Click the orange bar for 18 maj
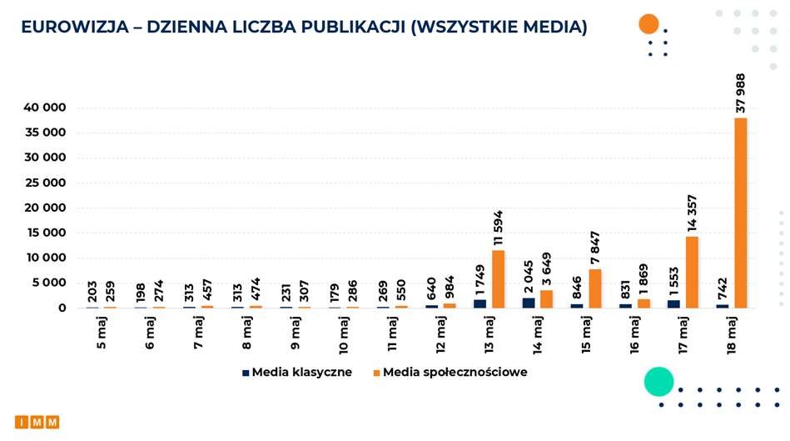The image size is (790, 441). coord(740,213)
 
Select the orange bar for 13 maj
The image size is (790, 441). coord(498,278)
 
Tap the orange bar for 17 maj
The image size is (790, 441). coord(692,272)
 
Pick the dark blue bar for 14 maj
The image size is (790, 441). coord(529,303)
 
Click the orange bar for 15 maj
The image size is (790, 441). coord(595,288)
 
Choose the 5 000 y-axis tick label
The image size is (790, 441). coord(47,283)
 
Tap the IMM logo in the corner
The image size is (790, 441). coord(37,422)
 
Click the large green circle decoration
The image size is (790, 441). coord(658,381)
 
